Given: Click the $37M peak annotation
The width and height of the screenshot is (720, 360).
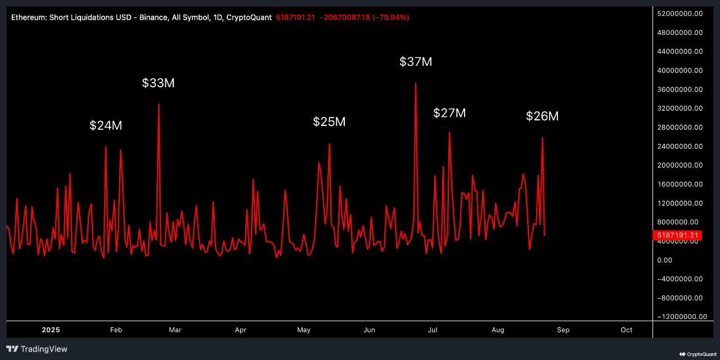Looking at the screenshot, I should pyautogui.click(x=416, y=62).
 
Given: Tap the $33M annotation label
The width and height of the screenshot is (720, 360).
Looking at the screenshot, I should pyautogui.click(x=158, y=83).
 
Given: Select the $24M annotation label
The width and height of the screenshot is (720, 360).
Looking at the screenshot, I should pyautogui.click(x=106, y=125).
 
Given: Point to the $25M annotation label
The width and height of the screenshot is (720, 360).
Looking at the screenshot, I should pyautogui.click(x=329, y=121).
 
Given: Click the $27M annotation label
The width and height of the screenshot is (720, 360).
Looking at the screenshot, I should pyautogui.click(x=449, y=113).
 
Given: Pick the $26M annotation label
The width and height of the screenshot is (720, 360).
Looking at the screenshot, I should pyautogui.click(x=542, y=116).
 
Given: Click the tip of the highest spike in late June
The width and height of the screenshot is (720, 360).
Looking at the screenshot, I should pyautogui.click(x=415, y=83).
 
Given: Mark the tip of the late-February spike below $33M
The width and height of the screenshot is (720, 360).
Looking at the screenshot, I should pyautogui.click(x=159, y=104).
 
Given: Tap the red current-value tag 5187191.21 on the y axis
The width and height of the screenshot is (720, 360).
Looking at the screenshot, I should pyautogui.click(x=677, y=235).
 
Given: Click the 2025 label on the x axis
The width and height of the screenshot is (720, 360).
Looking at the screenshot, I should pyautogui.click(x=51, y=330).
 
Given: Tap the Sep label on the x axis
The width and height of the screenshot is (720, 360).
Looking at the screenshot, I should pyautogui.click(x=563, y=330).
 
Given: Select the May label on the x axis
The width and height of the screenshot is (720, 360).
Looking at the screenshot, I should pyautogui.click(x=304, y=330).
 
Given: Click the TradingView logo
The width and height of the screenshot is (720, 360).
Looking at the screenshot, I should pyautogui.click(x=37, y=349).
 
